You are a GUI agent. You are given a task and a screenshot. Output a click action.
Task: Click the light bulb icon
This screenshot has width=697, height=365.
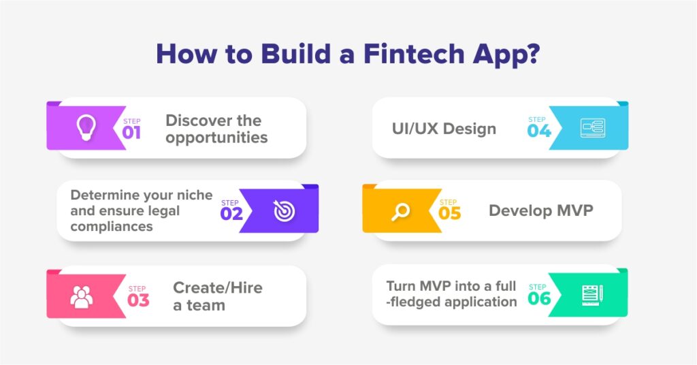click(86, 127)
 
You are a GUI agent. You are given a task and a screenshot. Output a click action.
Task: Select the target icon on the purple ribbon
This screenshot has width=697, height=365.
click(284, 210)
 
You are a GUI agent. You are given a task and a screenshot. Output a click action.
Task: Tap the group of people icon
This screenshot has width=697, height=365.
click(82, 296)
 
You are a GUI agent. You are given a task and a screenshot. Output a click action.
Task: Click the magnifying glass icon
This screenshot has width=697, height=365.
click(400, 212)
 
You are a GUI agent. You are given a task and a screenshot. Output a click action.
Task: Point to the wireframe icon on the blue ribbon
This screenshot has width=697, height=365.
click(593, 129)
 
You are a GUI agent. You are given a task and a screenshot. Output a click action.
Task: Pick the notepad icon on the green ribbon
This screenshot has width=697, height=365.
click(593, 296)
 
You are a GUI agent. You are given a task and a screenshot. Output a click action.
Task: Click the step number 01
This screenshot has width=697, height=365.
click(131, 133)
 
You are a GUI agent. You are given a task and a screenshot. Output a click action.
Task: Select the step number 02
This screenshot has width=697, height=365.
click(231, 214)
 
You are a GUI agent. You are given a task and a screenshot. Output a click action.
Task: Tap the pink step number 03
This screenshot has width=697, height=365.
click(138, 300)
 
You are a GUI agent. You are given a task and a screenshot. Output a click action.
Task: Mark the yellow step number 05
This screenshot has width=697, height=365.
click(449, 213)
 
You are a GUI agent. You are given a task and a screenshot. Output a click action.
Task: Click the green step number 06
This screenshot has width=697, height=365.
click(539, 298)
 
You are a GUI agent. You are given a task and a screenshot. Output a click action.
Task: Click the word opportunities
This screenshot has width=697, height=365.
click(216, 138)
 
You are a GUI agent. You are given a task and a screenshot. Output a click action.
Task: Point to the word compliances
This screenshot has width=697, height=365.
click(112, 227)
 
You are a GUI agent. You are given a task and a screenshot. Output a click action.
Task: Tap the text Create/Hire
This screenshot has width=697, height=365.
click(218, 287)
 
